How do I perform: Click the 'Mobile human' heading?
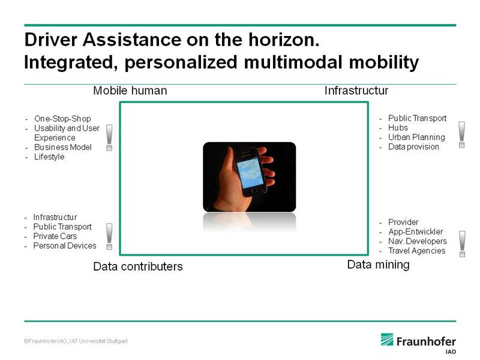click(x=130, y=91)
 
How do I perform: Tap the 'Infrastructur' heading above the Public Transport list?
click(x=356, y=91)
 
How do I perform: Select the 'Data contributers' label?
click(x=138, y=266)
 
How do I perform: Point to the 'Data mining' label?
click(x=379, y=265)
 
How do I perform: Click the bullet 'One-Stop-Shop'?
click(x=62, y=119)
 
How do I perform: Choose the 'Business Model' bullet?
click(x=63, y=147)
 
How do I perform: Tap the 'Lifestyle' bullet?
click(x=49, y=157)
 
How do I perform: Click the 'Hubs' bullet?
click(x=398, y=128)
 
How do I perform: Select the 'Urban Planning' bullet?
click(x=416, y=137)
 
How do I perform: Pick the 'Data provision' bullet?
click(x=413, y=146)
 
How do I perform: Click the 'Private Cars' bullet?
click(x=55, y=236)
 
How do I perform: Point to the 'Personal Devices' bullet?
click(x=65, y=246)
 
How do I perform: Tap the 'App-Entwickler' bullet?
click(x=415, y=232)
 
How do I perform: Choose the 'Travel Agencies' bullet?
click(x=416, y=251)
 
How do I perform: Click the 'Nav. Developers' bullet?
click(x=418, y=241)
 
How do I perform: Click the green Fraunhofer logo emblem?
click(x=387, y=340)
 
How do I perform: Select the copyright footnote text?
click(x=76, y=341)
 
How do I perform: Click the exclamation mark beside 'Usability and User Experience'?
click(x=109, y=137)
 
